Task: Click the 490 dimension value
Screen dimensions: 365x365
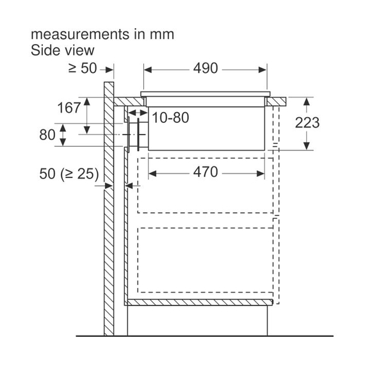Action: click(x=206, y=69)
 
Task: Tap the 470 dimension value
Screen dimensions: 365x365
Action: click(x=206, y=172)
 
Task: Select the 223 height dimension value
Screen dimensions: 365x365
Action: click(x=307, y=123)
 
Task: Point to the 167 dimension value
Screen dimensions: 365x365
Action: click(x=69, y=108)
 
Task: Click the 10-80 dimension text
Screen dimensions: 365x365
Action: click(x=170, y=118)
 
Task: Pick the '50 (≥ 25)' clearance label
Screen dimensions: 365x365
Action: click(x=69, y=174)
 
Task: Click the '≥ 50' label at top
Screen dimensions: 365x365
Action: click(x=83, y=69)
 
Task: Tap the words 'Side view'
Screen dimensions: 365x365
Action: click(x=63, y=50)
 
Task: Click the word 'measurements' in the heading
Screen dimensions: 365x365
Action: click(x=80, y=34)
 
